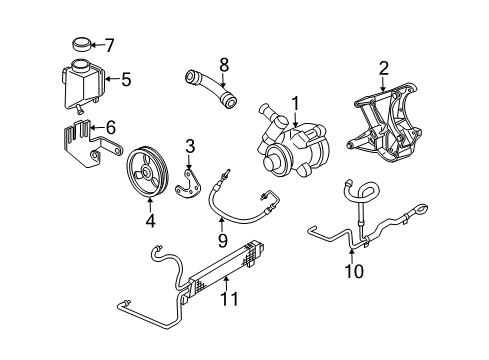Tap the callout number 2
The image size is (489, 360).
pyautogui.click(x=383, y=68)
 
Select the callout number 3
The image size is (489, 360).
pyautogui.click(x=187, y=148)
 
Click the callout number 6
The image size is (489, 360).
pyautogui.click(x=111, y=127)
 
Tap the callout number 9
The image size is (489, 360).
pyautogui.click(x=223, y=241)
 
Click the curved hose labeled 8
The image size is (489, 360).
pyautogui.click(x=211, y=88)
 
